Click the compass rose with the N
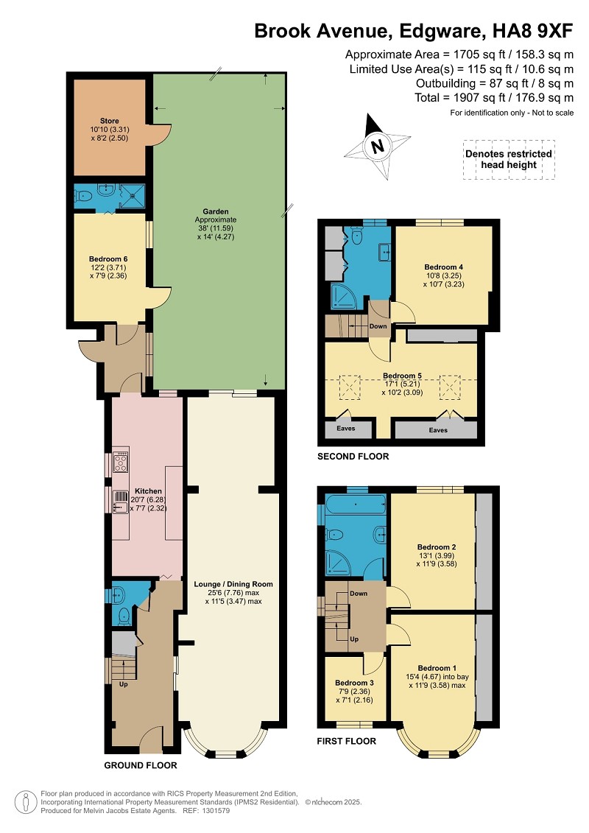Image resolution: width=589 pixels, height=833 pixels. coord(378,146)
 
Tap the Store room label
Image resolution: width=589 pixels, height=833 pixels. coord(110,121)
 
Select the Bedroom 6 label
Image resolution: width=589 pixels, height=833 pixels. coord(108,259)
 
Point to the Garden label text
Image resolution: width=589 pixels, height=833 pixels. coord(216,211)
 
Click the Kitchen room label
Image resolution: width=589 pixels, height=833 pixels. coord(148,491)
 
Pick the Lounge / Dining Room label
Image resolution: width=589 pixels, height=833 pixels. coord(233,584)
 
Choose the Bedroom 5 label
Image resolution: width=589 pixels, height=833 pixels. coord(402,376)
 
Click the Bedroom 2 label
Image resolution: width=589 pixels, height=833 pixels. coord(437,546)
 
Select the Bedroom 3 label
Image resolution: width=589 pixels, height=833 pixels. coord(354,683)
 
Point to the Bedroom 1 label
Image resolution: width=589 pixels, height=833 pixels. coord(437,668)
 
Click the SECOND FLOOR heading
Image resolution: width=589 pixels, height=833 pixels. coord(353,457)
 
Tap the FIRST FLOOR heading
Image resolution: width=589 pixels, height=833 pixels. coord(346,741)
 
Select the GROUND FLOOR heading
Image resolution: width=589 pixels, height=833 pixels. coord(140,765)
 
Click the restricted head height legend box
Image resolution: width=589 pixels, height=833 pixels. coord(509,159)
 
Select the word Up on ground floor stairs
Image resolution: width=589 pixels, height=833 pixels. coord(123,684)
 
